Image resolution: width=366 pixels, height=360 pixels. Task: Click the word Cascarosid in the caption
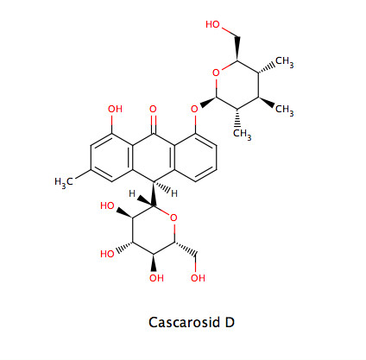[184, 322]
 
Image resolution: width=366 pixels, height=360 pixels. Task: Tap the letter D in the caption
[230, 322]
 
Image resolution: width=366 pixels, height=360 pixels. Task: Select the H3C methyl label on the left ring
[64, 182]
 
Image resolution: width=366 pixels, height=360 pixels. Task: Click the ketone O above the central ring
[153, 110]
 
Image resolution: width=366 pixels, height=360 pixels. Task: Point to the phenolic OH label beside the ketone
[115, 109]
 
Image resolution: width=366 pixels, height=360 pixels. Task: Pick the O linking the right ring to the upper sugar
[195, 110]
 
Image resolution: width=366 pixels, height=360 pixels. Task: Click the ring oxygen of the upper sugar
[216, 73]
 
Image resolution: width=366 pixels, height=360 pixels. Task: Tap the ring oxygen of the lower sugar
[174, 218]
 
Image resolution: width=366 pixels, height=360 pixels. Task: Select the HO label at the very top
[213, 25]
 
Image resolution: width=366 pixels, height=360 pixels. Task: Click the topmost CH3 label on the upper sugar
[285, 62]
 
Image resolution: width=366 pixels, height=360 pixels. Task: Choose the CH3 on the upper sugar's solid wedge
[285, 110]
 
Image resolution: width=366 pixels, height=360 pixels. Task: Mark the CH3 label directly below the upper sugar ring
[243, 134]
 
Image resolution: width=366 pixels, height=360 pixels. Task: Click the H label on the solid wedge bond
[132, 193]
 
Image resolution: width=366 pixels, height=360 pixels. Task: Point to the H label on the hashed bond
[174, 193]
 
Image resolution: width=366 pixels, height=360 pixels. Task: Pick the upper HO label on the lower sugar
[108, 206]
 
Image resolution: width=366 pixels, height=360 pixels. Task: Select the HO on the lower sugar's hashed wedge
[108, 254]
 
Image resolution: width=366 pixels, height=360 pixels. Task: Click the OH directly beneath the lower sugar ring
[156, 278]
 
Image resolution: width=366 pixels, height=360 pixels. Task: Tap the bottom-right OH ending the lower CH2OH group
[198, 278]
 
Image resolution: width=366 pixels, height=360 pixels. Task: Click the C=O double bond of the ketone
[154, 124]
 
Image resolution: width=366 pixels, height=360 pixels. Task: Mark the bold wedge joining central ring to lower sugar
[154, 194]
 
